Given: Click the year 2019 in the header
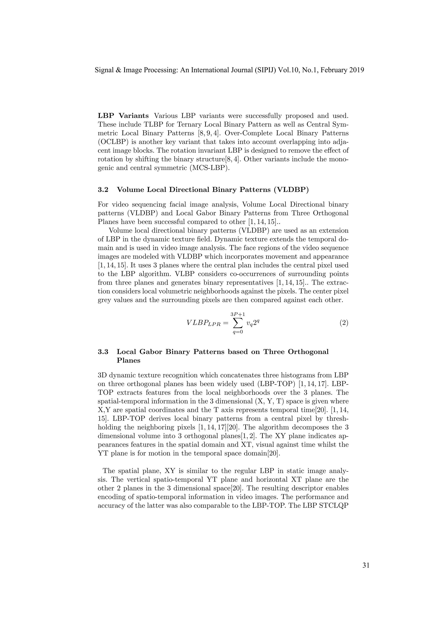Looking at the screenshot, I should (x=356, y=70).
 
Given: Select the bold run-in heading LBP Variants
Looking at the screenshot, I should (x=123, y=116).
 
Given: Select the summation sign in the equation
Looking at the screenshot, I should (x=238, y=323).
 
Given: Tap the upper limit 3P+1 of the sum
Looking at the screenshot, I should (x=238, y=314).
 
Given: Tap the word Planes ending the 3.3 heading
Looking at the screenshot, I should (x=129, y=360).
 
